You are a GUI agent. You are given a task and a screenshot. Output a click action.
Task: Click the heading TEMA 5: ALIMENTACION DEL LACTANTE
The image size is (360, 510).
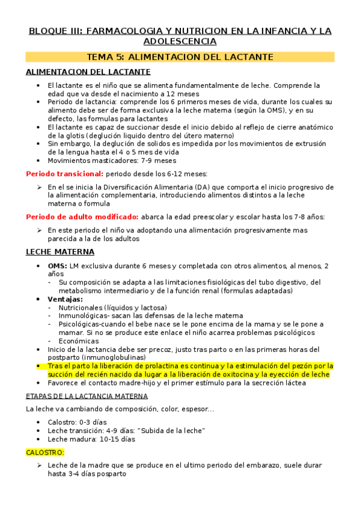click(x=180, y=57)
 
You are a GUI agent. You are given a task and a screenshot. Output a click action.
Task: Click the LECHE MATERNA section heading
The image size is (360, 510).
click(x=60, y=251)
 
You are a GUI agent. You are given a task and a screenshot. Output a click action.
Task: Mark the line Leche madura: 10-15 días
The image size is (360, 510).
click(x=91, y=438)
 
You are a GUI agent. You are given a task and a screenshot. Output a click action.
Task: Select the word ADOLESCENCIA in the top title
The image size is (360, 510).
click(x=180, y=41)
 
